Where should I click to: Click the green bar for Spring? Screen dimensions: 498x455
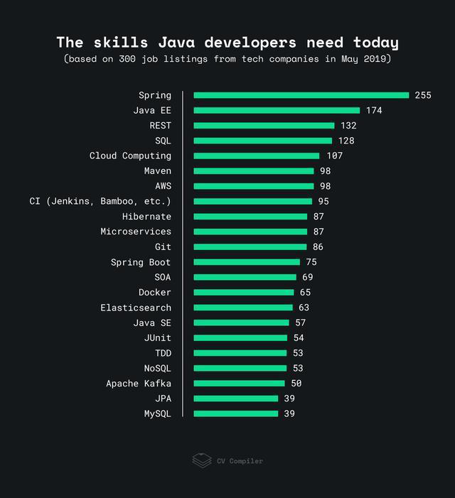coord(301,95)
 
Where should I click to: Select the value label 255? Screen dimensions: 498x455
coord(423,95)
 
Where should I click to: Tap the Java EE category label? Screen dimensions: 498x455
coord(152,110)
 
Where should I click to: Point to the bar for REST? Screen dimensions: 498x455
coord(264,126)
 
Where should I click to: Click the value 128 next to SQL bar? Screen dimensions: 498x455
coord(346,141)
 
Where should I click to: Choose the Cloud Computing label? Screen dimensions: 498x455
coord(130,156)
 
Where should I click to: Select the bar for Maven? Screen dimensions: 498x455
coord(253,171)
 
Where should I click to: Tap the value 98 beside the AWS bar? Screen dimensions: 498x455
coord(325,186)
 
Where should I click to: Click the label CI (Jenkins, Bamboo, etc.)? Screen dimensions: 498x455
coord(100,201)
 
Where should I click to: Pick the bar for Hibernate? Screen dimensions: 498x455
coord(250,217)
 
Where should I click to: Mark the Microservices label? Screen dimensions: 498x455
coord(136,232)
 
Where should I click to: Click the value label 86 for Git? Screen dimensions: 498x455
coord(318,247)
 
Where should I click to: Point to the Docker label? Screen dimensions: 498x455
coord(155,293)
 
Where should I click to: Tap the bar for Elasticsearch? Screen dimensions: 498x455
coord(243,308)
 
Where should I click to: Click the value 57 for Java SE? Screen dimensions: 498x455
coord(301,323)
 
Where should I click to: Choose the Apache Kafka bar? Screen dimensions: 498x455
coord(239,384)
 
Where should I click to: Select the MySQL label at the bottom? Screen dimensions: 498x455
coord(158,413)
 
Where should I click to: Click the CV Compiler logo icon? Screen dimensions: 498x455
coord(202,460)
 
